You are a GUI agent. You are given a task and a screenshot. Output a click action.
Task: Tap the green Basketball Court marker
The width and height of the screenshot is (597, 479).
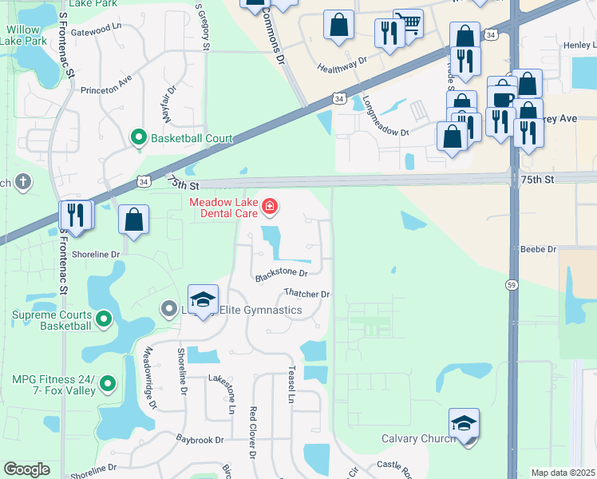click(x=139, y=138)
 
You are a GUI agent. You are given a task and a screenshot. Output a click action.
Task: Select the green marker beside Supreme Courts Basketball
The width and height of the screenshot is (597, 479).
click(x=103, y=320)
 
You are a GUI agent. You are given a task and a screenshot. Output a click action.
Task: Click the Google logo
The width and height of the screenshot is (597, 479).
click(x=26, y=469)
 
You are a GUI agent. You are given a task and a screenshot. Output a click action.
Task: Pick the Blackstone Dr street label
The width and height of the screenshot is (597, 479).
click(x=281, y=275)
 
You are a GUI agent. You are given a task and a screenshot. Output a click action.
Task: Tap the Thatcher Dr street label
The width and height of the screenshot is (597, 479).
click(x=307, y=294)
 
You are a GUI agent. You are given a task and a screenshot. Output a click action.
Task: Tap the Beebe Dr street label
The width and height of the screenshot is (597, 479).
click(x=538, y=250)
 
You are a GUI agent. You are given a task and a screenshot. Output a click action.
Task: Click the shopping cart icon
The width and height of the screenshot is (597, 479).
click(x=409, y=24)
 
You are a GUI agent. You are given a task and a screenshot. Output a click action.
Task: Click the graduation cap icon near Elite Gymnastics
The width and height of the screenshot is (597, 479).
click(x=203, y=299)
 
